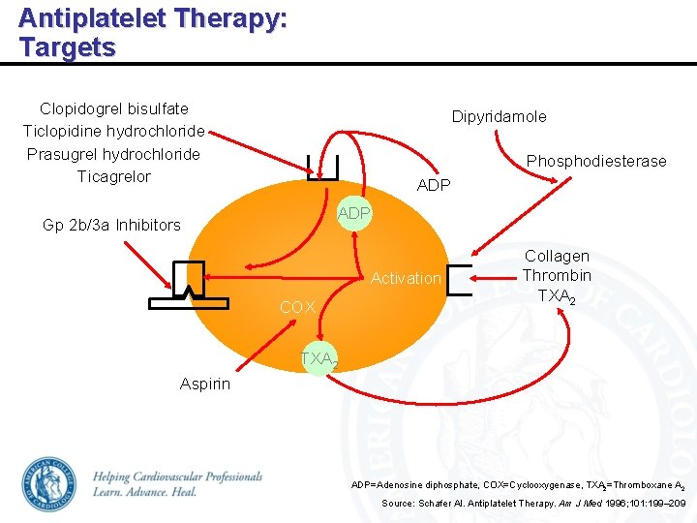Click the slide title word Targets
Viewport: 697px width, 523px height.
click(67, 47)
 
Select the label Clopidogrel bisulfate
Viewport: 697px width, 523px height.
click(114, 108)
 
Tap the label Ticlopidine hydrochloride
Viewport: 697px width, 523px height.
click(114, 132)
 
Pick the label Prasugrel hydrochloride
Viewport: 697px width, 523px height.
click(114, 154)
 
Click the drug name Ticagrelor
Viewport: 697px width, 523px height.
click(114, 176)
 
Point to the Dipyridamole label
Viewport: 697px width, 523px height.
click(499, 116)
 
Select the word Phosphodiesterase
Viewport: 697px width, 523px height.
click(595, 161)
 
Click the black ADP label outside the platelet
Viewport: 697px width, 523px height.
click(433, 185)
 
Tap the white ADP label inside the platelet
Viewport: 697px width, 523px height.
click(353, 213)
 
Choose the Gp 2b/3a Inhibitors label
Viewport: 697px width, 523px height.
click(111, 225)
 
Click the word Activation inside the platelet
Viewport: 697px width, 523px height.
click(406, 279)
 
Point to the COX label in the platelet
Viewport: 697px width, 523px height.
click(297, 307)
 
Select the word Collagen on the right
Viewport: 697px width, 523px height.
click(556, 257)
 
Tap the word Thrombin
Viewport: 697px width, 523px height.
click(556, 275)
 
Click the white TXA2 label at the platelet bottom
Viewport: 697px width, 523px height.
click(318, 360)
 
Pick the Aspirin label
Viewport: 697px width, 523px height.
click(205, 384)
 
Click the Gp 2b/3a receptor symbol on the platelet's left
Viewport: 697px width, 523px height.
click(189, 285)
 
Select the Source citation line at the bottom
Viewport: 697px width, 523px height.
click(533, 504)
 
